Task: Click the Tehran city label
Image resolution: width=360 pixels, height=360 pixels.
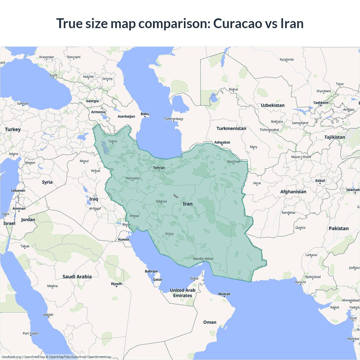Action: (159, 168)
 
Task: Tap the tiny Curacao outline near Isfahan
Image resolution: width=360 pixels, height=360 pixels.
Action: (176, 196)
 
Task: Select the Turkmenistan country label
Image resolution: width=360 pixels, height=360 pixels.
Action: (231, 129)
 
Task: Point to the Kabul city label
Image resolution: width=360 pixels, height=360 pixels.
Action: (320, 181)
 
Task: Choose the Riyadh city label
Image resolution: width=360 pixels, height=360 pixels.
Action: (116, 284)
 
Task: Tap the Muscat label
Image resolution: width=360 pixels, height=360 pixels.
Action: (224, 294)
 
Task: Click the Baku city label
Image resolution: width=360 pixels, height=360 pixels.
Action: (145, 114)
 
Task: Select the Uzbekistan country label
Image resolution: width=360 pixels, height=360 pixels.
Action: (273, 105)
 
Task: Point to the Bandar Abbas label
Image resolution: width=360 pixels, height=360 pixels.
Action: (203, 259)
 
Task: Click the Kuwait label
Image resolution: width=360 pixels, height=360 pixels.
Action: (124, 240)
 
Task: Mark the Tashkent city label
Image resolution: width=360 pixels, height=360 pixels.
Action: (321, 103)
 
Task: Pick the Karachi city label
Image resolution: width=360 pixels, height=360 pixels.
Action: (300, 282)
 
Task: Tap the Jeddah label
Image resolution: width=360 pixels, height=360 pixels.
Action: (48, 315)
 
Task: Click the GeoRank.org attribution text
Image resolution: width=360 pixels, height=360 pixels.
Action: (11, 357)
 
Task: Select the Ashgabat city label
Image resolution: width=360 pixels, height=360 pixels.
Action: (222, 142)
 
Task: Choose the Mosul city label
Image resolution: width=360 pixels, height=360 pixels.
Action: (84, 161)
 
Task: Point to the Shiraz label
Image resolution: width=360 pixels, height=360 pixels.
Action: (169, 234)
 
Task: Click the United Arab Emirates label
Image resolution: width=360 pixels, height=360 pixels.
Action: (183, 293)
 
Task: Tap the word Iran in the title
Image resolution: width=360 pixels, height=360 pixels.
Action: (292, 23)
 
